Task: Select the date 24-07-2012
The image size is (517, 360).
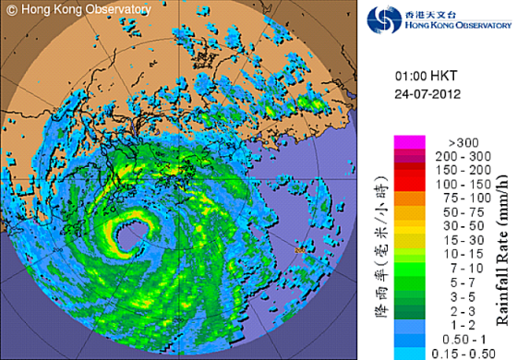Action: pos(424,94)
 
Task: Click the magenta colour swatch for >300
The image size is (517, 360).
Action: pos(407,142)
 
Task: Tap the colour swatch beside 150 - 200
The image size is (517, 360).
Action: pos(407,170)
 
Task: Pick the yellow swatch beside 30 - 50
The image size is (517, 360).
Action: pos(407,223)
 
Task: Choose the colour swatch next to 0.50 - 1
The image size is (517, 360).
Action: pos(407,339)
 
